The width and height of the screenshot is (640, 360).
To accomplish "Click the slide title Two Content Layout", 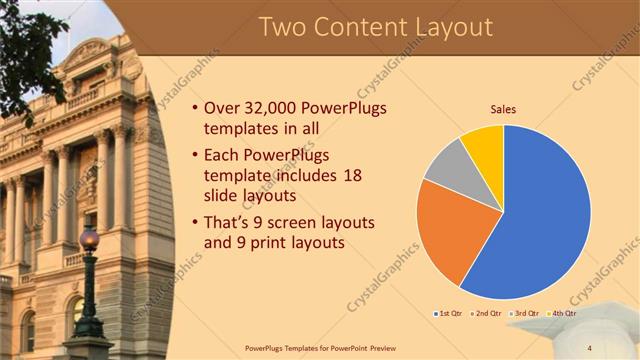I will point(375,27).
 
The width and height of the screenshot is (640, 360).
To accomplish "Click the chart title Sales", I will point(503,109).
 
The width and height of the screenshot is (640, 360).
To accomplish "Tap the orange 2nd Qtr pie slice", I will point(450,230).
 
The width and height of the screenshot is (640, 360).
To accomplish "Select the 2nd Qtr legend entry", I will point(487,313).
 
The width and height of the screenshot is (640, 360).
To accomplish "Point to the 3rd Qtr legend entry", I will point(525,313).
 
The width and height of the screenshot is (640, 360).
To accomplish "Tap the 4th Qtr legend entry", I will point(563,313).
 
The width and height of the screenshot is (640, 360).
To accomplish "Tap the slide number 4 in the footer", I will point(589,348).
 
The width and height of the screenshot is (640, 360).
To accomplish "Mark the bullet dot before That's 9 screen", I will point(193,222).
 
